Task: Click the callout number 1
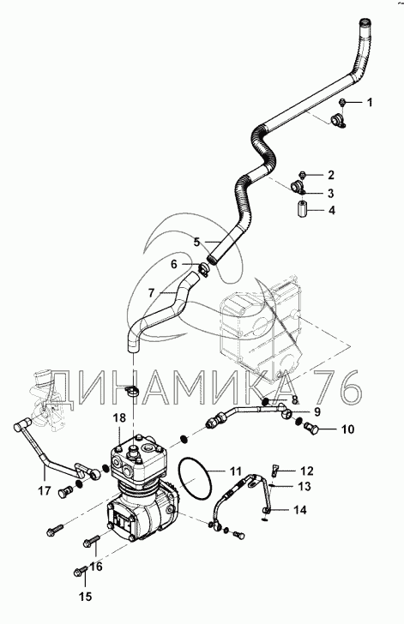[370, 103]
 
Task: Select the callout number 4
[331, 210]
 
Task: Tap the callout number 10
[347, 429]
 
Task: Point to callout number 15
[85, 597]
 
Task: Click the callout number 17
[45, 490]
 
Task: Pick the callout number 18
[119, 417]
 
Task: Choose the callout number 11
[236, 471]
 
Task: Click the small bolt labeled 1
[342, 103]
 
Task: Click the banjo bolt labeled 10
[311, 429]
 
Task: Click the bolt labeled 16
[90, 541]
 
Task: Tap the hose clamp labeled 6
[204, 268]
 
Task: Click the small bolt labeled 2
[303, 174]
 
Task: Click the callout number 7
[151, 294]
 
